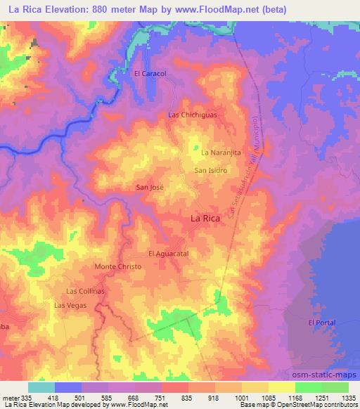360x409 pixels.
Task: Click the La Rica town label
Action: point(209,219)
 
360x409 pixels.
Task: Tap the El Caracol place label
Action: point(148,72)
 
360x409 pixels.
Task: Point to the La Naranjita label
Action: point(221,152)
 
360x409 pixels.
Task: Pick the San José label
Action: point(150,188)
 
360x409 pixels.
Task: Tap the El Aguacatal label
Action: point(169,253)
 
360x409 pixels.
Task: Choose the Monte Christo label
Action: point(117,267)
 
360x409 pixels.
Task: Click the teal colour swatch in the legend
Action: point(41,387)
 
